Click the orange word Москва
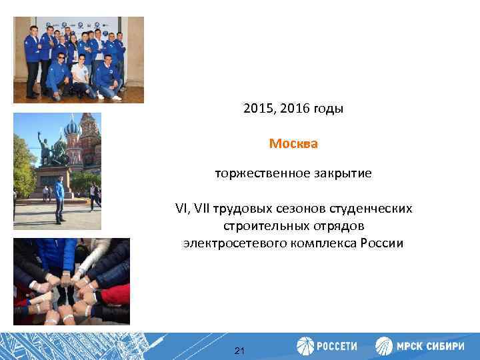click(x=293, y=143)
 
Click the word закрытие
click(x=338, y=174)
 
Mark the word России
click(x=383, y=243)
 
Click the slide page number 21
click(x=240, y=350)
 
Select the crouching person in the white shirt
click(x=80, y=78)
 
